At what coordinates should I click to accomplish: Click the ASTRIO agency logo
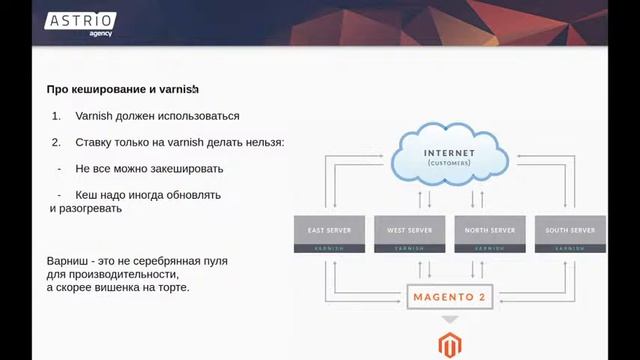tap(80, 23)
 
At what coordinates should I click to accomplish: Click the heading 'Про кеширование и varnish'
tap(123, 89)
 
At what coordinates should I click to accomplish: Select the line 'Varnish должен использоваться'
tap(157, 116)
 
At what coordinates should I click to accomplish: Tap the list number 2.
tap(56, 143)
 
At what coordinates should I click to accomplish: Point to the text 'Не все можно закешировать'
tap(149, 169)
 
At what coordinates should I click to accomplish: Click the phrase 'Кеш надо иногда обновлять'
tap(148, 195)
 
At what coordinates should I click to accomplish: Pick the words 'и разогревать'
tap(86, 209)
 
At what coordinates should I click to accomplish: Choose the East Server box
tap(330, 229)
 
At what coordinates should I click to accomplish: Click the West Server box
tap(410, 229)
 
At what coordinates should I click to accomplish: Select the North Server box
tap(490, 229)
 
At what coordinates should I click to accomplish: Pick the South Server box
tap(570, 229)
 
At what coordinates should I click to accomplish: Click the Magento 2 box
tap(450, 297)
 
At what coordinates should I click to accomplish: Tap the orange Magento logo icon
tap(450, 346)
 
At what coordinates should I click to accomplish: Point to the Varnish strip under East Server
tap(330, 247)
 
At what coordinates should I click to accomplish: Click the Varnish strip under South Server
tap(570, 247)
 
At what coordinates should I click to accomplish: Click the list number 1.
tap(56, 116)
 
